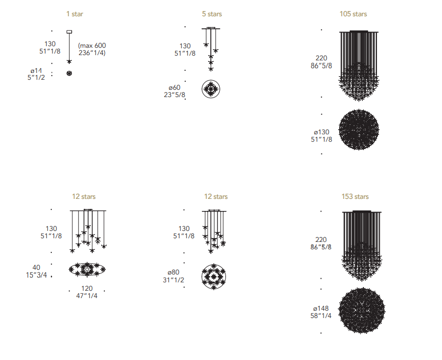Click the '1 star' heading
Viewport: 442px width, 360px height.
tap(74, 14)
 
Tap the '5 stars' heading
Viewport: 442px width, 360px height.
tap(212, 14)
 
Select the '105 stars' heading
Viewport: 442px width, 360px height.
tap(353, 14)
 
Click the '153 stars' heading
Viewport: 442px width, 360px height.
tap(355, 196)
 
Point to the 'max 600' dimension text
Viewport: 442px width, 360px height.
tap(92, 46)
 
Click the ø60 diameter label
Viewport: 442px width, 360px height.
tap(175, 88)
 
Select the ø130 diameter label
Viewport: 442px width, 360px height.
tap(321, 132)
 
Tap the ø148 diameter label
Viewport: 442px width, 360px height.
tap(321, 309)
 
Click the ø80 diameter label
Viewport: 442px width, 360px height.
tap(174, 272)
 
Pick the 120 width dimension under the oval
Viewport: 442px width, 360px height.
tap(87, 288)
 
